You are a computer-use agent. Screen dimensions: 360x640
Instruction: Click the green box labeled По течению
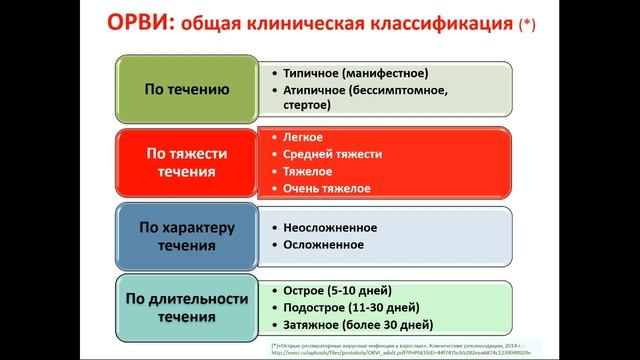(187, 89)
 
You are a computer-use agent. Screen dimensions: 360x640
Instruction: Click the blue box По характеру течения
(187, 234)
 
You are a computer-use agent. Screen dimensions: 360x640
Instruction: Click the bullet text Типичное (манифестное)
(342, 73)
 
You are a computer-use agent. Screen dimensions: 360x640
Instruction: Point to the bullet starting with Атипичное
(355, 90)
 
